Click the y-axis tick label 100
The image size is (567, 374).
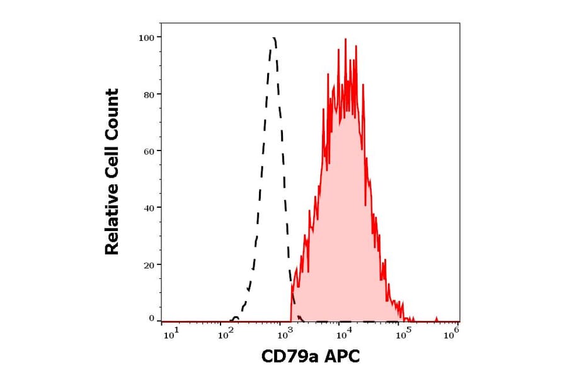click(146, 38)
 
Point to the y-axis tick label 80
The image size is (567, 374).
click(148, 94)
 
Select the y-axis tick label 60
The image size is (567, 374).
click(148, 151)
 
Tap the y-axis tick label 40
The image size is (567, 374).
click(148, 208)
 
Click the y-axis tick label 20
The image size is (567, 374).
click(148, 264)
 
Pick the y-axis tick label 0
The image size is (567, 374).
click(151, 319)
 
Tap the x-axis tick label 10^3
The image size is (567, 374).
click(284, 334)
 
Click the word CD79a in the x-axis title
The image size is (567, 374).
click(290, 357)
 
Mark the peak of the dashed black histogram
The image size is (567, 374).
click(273, 38)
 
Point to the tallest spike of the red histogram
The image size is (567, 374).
click(345, 39)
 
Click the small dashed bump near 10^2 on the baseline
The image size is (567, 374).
click(236, 317)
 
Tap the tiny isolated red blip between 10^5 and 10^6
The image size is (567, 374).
click(437, 319)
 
